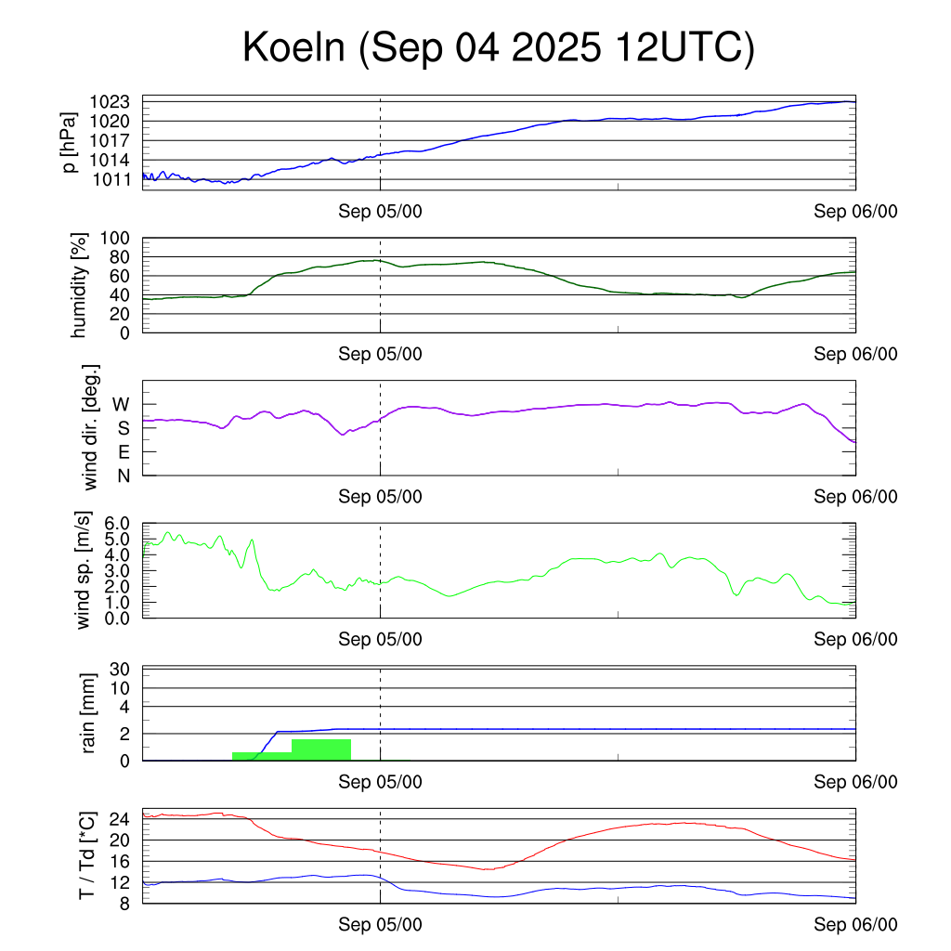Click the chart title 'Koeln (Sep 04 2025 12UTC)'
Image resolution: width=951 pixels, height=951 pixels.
(499, 48)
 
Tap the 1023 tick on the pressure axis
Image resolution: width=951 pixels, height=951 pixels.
(116, 101)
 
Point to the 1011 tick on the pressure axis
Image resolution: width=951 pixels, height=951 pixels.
(116, 179)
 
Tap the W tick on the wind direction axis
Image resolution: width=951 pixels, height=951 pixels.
(121, 405)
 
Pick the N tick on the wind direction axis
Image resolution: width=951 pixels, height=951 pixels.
(122, 475)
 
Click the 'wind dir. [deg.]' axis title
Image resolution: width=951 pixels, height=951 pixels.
(90, 428)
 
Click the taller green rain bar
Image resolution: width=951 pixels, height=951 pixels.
(321, 749)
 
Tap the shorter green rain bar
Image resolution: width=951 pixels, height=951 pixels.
(262, 756)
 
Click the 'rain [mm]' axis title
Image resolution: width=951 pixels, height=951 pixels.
(90, 713)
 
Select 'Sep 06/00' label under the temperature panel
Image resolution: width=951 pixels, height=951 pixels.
(855, 924)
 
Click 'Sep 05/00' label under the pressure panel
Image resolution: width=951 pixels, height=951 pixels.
(380, 212)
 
